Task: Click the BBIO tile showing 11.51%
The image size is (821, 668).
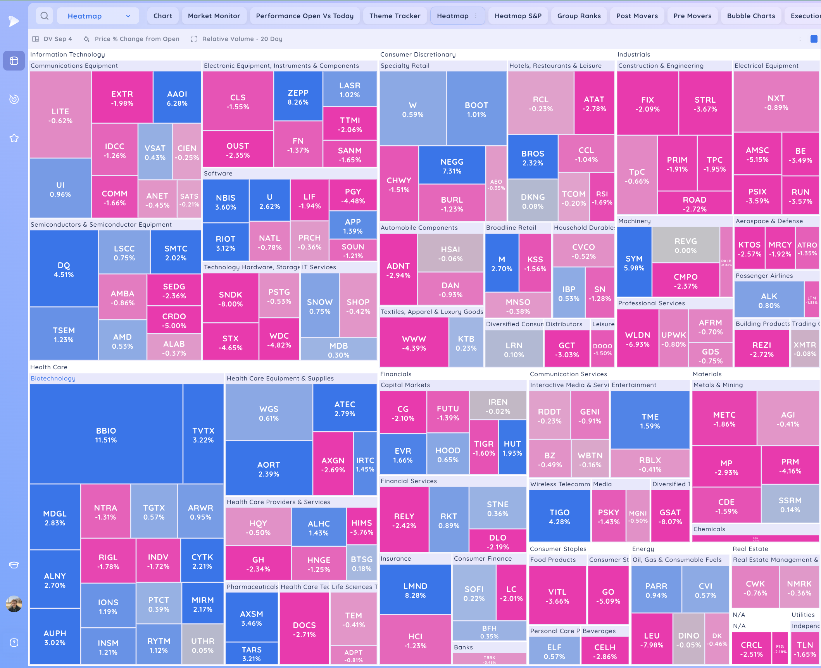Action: coord(106,435)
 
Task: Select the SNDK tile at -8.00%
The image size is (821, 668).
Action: coord(230,299)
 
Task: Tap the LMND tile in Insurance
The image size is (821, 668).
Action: coord(415,590)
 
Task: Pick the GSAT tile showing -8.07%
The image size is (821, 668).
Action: coord(670,516)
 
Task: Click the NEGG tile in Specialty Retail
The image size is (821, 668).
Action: coord(452,166)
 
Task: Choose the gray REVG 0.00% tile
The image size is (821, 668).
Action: coord(685,245)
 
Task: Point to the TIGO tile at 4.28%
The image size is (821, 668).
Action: coord(559,516)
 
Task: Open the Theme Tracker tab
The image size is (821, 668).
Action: coord(395,16)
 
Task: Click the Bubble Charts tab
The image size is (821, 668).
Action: coord(751,16)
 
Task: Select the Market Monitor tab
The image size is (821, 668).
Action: coord(214,16)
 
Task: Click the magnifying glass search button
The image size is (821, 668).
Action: coord(45,16)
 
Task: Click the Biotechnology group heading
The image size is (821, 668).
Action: coord(53,378)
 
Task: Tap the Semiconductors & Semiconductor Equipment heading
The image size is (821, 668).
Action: coord(101,224)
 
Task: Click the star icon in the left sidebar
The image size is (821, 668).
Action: coord(14,138)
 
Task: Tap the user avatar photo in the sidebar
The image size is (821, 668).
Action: coord(14,604)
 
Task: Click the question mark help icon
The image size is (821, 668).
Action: coord(14,643)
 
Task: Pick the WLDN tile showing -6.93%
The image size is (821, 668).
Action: coord(637,339)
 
